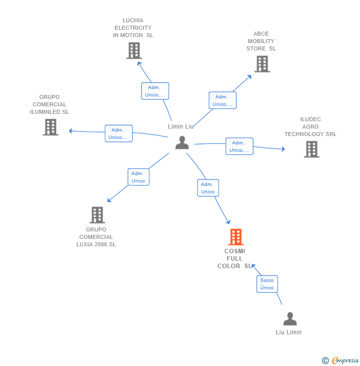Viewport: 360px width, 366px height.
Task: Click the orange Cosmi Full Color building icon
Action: click(236, 237)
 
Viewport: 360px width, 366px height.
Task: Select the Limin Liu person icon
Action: click(182, 142)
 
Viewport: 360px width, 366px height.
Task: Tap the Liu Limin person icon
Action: click(290, 319)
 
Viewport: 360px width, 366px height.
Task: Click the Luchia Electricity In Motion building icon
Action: click(134, 50)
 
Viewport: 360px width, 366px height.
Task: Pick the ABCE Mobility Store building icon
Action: click(262, 64)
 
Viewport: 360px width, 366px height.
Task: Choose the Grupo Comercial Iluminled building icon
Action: click(50, 127)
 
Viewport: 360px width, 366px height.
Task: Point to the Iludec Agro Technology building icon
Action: click(312, 149)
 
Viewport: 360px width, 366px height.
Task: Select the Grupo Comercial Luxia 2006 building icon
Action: click(97, 215)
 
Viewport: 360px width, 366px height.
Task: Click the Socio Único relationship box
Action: click(267, 284)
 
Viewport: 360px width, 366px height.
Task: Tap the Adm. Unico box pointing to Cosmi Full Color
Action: click(208, 188)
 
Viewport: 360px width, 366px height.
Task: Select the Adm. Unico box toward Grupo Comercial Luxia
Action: click(138, 177)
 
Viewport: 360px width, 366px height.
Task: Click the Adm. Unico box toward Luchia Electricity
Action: click(155, 91)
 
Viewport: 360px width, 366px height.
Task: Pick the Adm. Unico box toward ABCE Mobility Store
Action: click(222, 100)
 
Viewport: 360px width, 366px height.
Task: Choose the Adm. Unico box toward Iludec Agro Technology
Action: click(239, 146)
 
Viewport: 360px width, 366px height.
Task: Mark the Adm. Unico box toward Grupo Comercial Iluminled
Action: click(119, 134)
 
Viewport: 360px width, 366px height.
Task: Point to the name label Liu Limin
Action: click(289, 332)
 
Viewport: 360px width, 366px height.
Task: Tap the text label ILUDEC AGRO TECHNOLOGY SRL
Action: click(311, 127)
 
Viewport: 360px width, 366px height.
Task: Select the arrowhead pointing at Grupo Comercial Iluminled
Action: click(71, 131)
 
